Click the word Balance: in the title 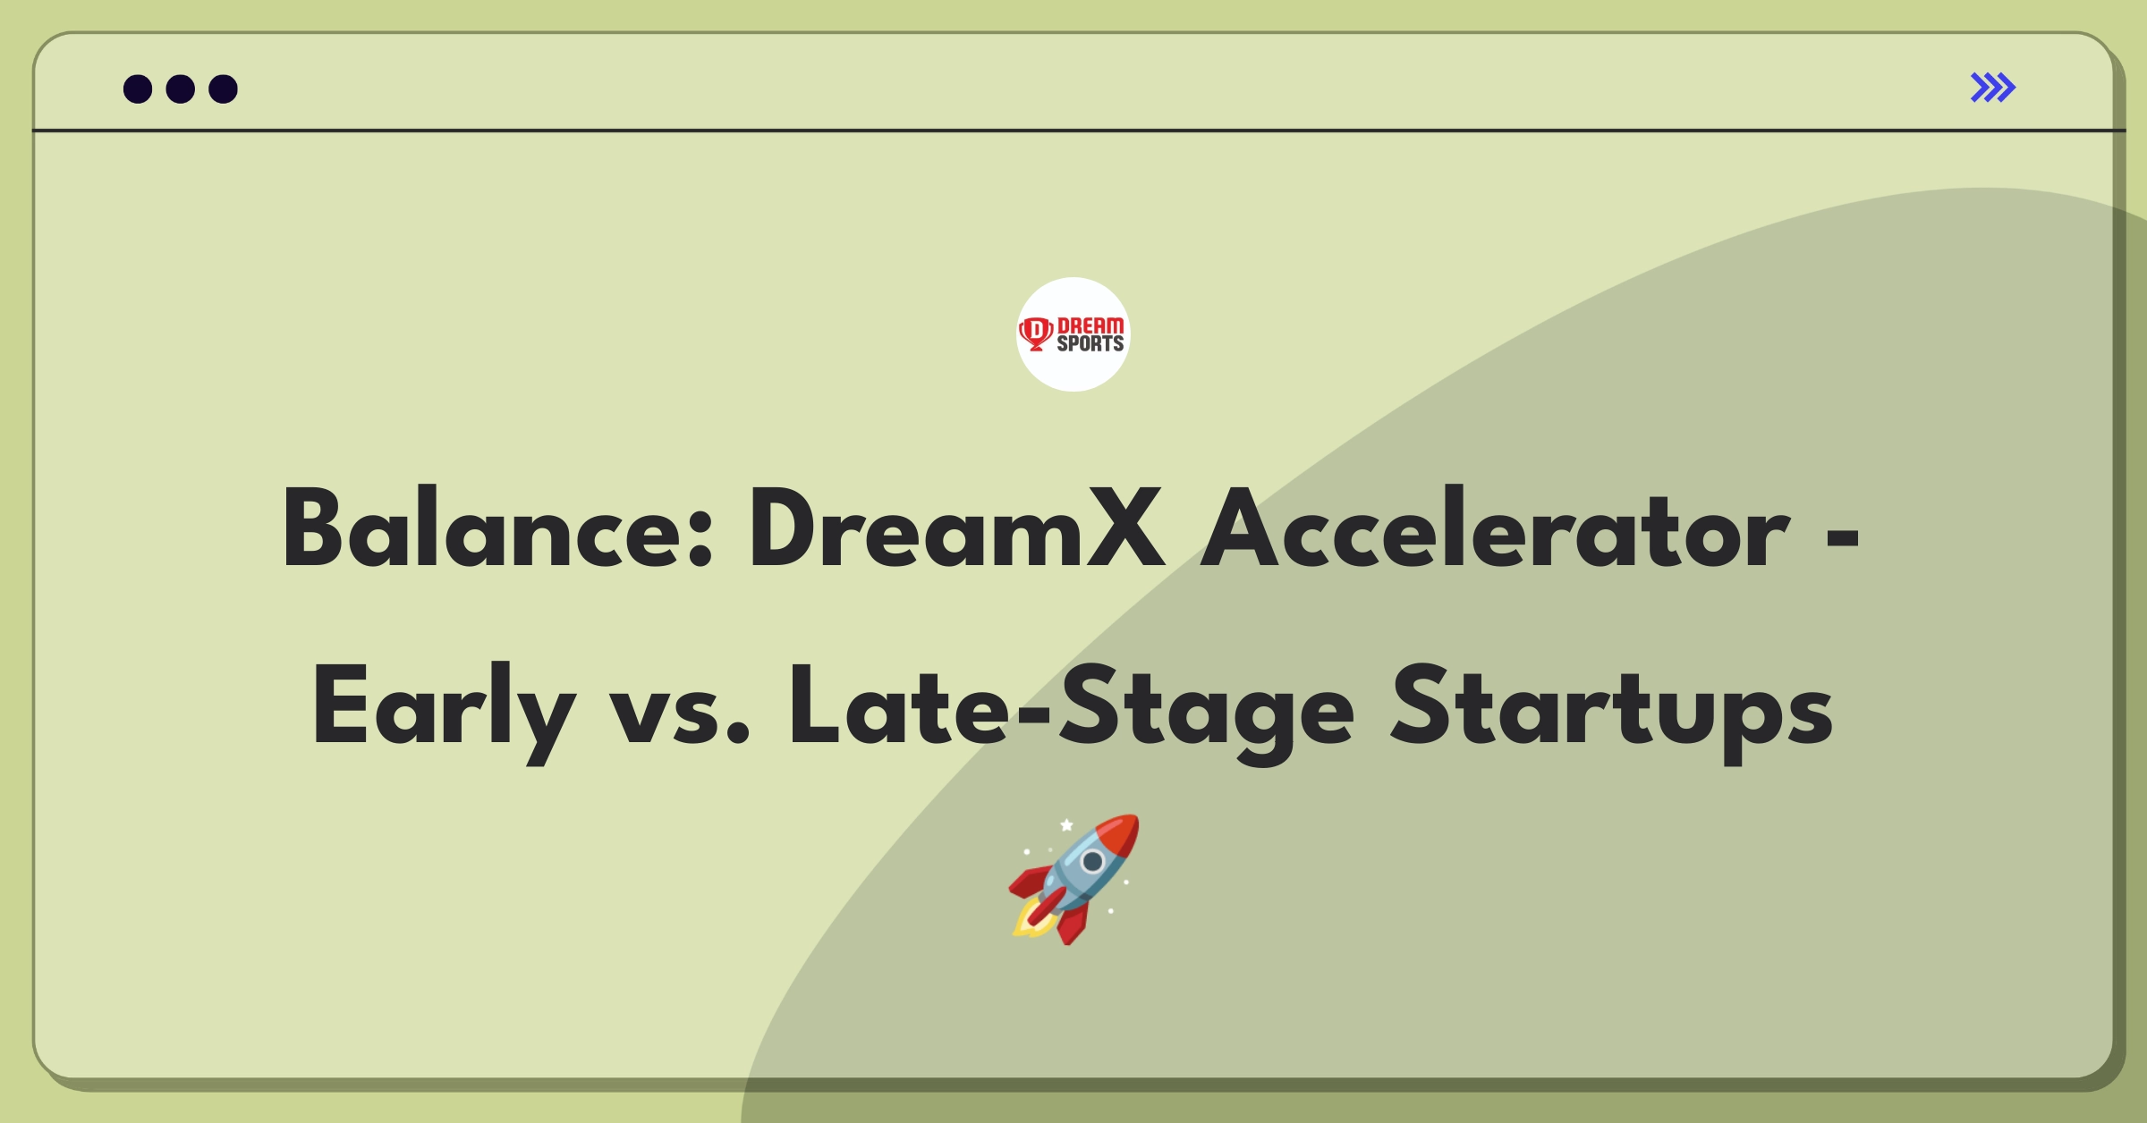click(x=497, y=529)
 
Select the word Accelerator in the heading click(x=1494, y=529)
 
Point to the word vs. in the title click(x=679, y=716)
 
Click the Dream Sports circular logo click(x=1073, y=334)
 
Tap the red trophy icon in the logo click(x=1036, y=334)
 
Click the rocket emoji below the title click(x=1074, y=879)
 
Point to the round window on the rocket click(x=1092, y=861)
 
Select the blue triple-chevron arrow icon click(x=1993, y=88)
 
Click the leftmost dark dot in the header click(x=138, y=89)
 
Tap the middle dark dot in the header click(x=181, y=89)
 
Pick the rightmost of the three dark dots click(x=224, y=89)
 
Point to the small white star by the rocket click(x=1066, y=824)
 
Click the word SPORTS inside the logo click(x=1090, y=343)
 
